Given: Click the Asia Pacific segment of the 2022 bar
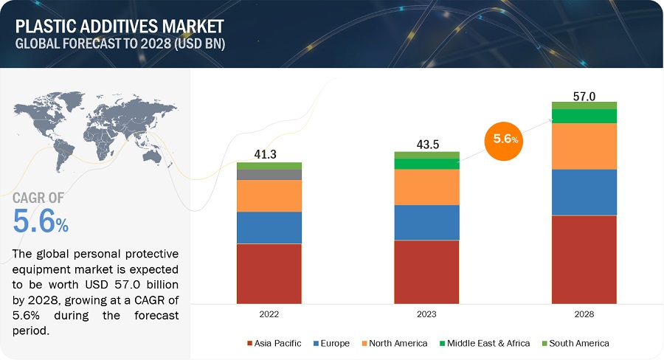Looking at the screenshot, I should (x=269, y=273).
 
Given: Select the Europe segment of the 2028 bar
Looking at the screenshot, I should (x=584, y=192).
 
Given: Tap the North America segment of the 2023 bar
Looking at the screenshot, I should (x=426, y=187).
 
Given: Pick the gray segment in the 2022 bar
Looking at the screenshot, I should (x=269, y=175).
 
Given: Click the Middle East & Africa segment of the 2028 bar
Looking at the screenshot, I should (x=584, y=116).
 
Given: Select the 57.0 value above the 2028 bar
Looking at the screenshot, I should (x=584, y=95).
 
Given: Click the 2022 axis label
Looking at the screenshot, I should (x=269, y=314).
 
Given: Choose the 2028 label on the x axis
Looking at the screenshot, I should (x=584, y=314).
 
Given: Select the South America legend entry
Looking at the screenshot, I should (x=575, y=343).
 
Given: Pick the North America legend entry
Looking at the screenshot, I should (x=394, y=343).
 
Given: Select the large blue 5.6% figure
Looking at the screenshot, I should (x=41, y=221).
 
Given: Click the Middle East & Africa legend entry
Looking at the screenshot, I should (x=483, y=343).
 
